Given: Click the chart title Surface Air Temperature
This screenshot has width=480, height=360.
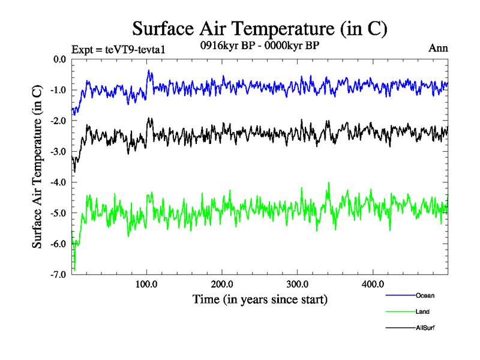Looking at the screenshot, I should pyautogui.click(x=260, y=29).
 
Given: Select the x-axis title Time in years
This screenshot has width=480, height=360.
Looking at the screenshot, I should pyautogui.click(x=260, y=298).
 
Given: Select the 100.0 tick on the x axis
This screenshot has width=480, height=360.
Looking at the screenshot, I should pyautogui.click(x=147, y=284).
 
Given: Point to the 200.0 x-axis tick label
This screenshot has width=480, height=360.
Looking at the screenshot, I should pyautogui.click(x=222, y=284).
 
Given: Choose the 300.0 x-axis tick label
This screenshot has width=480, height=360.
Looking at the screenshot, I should pyautogui.click(x=298, y=284).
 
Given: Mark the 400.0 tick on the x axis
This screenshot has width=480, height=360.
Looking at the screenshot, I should pyautogui.click(x=373, y=284).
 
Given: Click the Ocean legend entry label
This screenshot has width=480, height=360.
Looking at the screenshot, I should pyautogui.click(x=425, y=295).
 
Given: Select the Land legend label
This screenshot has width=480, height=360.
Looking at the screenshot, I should pyautogui.click(x=422, y=311).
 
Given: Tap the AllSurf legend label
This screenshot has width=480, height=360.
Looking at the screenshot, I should pyautogui.click(x=425, y=328).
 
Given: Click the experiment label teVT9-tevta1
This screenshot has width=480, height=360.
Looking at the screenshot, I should pyautogui.click(x=118, y=49).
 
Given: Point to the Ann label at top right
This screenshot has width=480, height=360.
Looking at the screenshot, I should pyautogui.click(x=438, y=48).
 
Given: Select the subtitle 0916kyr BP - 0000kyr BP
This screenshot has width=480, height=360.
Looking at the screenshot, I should pyautogui.click(x=259, y=45).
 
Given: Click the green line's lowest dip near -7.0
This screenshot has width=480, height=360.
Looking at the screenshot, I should pyautogui.click(x=74, y=269).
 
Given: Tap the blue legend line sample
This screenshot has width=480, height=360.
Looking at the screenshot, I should pyautogui.click(x=399, y=295).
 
